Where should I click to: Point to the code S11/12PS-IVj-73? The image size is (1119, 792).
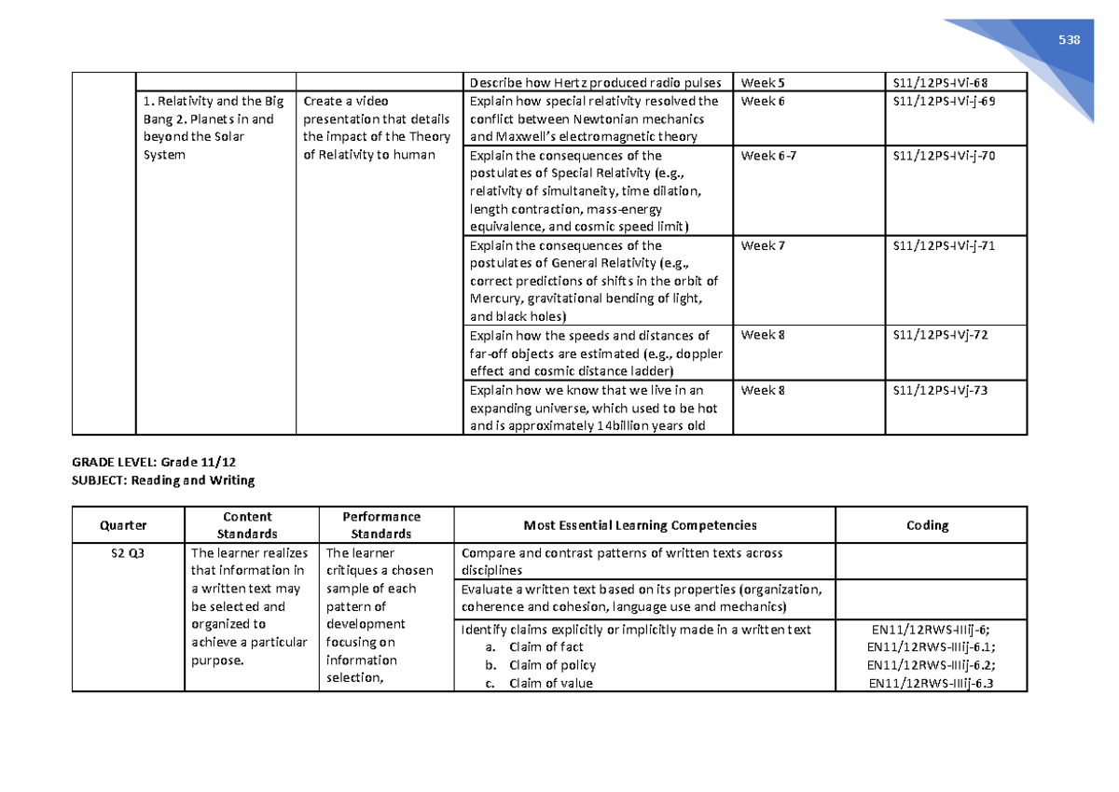(939, 391)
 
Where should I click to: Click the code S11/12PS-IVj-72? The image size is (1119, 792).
(939, 336)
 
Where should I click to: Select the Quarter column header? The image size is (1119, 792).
(129, 525)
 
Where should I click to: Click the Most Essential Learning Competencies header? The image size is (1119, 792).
(642, 525)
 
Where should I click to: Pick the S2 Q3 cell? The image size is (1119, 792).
(129, 553)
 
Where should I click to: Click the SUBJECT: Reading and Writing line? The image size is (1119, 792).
(163, 480)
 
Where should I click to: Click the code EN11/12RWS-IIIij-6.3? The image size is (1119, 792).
(932, 684)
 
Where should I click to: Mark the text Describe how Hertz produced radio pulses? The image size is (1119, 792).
(596, 82)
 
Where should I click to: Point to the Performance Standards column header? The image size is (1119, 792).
(381, 525)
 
